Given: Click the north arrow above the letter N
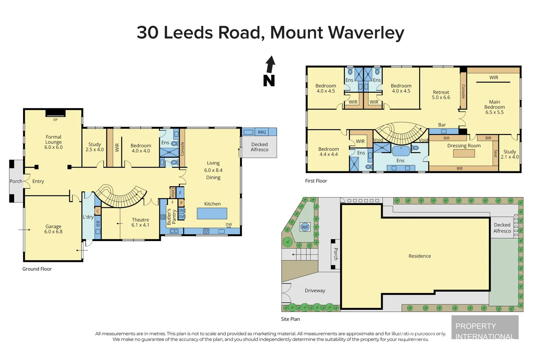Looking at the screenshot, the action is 271,64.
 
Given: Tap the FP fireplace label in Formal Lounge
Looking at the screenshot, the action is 55,120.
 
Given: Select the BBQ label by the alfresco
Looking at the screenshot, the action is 262,132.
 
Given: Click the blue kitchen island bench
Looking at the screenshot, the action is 212,213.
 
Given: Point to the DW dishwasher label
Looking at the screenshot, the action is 229,224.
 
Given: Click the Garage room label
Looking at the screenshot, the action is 53,229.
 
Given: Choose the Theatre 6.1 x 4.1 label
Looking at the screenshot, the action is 140,222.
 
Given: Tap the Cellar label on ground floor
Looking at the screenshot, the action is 173,192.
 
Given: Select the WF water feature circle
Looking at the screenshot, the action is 305,227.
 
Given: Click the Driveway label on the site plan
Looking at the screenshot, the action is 315,290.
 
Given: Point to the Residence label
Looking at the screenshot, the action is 420,256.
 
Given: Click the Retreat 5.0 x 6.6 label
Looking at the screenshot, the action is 441,95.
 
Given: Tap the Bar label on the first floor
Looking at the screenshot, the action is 442,125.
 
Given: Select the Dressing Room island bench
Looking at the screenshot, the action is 464,153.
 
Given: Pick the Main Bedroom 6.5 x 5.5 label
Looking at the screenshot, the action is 494,107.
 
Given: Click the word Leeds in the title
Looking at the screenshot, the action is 188,33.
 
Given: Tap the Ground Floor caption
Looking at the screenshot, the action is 37,269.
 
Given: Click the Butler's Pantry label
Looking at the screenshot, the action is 171,216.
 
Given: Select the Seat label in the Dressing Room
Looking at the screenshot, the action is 496,153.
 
